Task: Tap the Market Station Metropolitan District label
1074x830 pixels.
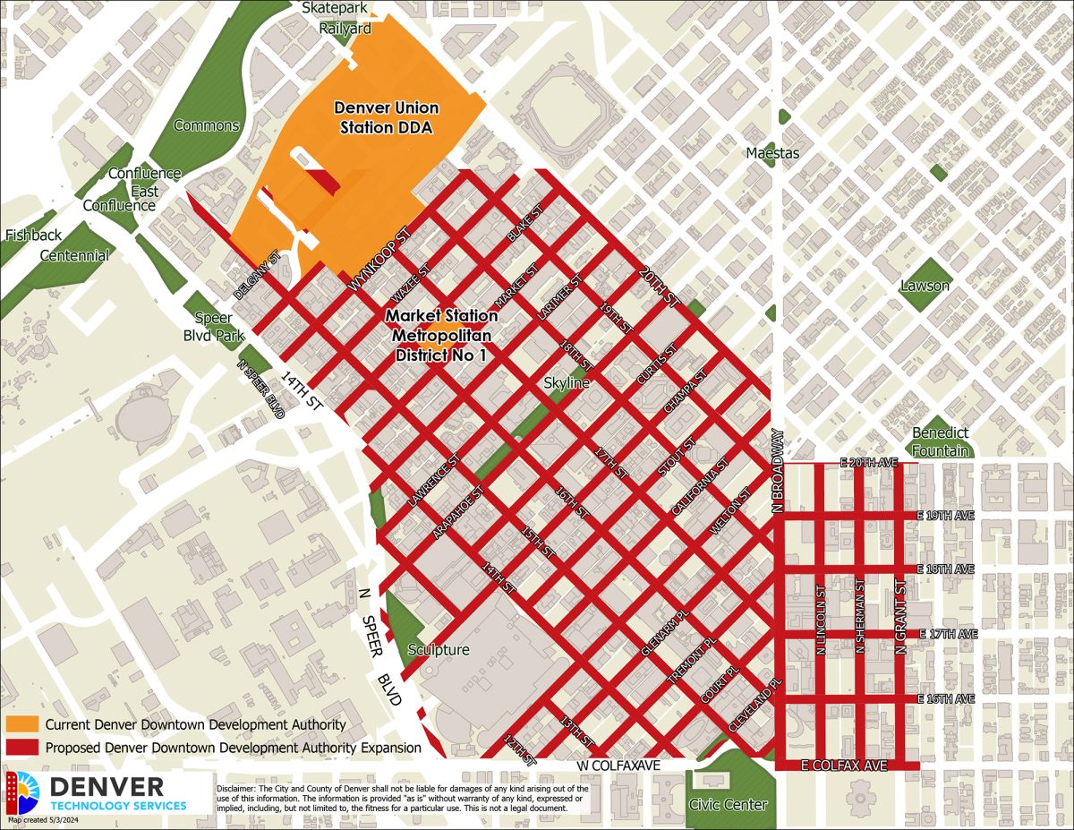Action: point(441,335)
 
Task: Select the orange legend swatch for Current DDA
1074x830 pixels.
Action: point(21,724)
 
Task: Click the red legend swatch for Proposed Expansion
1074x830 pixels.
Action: point(21,748)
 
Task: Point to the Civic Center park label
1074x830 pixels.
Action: point(728,804)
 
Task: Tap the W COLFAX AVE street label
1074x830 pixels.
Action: point(618,766)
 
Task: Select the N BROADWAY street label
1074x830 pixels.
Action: point(779,471)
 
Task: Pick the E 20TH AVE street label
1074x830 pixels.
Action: point(868,463)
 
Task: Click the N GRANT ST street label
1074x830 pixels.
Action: point(901,617)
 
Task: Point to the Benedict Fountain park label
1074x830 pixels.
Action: point(941,441)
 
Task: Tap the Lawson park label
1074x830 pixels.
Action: point(925,286)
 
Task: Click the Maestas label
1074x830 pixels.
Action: point(773,153)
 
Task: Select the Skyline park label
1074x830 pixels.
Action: point(567,383)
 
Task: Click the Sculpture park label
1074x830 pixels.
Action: point(438,649)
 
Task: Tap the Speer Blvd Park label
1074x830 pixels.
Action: point(214,326)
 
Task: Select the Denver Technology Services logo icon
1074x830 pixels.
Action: point(23,791)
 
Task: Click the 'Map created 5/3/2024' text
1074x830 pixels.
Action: point(45,820)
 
